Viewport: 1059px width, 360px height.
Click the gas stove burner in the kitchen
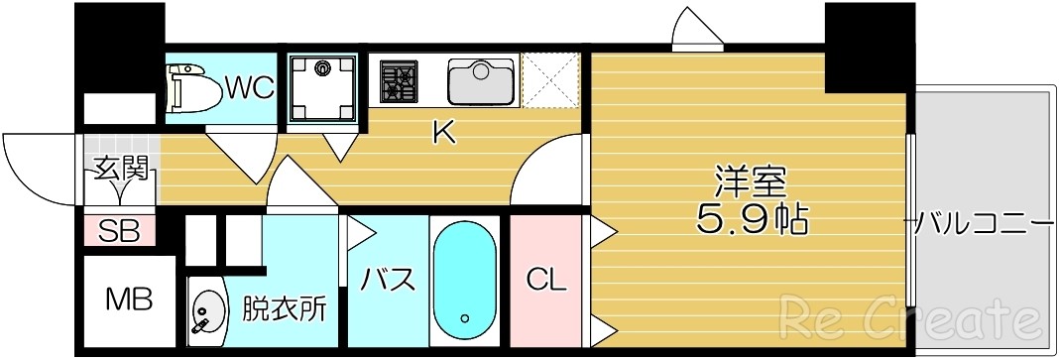(x=401, y=81)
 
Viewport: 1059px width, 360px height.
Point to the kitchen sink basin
(x=480, y=81)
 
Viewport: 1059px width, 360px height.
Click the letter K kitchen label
(x=442, y=133)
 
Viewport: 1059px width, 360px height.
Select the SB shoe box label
(x=119, y=232)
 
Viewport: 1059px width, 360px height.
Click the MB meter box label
(x=129, y=300)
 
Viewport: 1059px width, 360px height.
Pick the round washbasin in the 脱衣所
(x=205, y=311)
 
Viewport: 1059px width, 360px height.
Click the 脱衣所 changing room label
(x=284, y=310)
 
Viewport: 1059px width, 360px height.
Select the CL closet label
(x=544, y=281)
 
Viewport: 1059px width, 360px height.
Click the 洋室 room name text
(x=751, y=182)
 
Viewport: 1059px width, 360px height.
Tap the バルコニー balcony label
(x=983, y=221)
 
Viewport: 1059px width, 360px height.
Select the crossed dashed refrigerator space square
(x=549, y=79)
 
